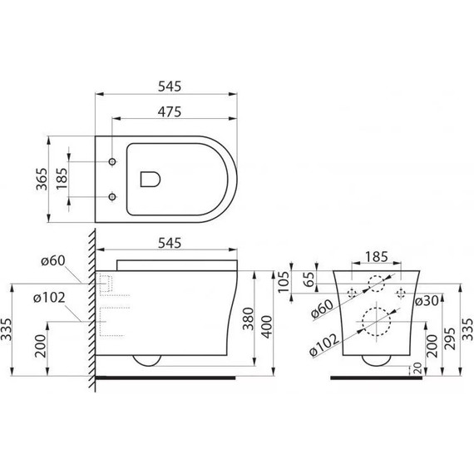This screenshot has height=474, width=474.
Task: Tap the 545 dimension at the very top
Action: pyautogui.click(x=167, y=86)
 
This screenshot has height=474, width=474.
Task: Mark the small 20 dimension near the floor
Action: pyautogui.click(x=414, y=368)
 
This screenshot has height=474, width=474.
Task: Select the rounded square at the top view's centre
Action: pyautogui.click(x=151, y=178)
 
